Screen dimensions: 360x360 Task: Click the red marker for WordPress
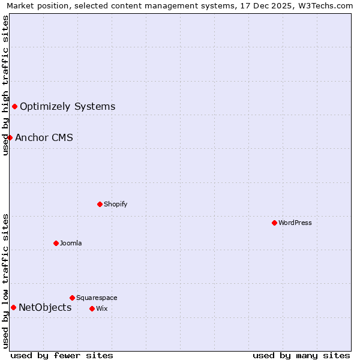pos(274,223)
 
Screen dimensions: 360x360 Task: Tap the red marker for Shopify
pos(100,204)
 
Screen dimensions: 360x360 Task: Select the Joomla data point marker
pos(56,243)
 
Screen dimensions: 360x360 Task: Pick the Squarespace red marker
pos(72,298)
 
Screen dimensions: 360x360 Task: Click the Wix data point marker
pos(92,308)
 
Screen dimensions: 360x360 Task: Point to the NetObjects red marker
pos(13,308)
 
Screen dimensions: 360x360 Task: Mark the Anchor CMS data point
pos(10,137)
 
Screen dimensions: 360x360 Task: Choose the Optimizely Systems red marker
pos(14,106)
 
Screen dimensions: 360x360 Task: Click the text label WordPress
pos(295,223)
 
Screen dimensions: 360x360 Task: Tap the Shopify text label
pos(116,204)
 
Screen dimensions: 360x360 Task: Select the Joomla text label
pos(71,243)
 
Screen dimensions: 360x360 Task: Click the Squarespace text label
pos(97,298)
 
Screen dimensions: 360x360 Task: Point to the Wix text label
pos(101,308)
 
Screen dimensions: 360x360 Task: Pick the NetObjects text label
pos(45,308)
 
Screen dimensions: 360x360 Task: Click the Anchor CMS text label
pos(44,137)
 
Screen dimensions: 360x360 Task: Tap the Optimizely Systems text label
pos(67,106)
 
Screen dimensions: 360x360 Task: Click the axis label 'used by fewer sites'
pos(62,355)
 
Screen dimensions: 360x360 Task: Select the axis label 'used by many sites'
pos(301,355)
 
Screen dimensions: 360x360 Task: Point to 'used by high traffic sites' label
pos(5,85)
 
